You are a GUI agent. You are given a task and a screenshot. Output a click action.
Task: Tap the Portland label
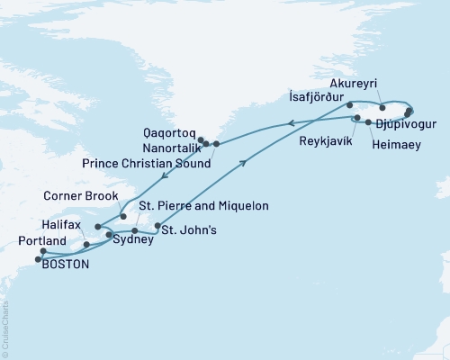pyautogui.click(x=40, y=241)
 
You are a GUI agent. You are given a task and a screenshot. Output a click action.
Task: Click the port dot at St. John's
pyautogui.click(x=157, y=226)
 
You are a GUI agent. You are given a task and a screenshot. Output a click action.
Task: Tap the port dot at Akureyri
pyautogui.click(x=383, y=107)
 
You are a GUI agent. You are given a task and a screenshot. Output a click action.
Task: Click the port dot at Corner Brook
pyautogui.click(x=123, y=216)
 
